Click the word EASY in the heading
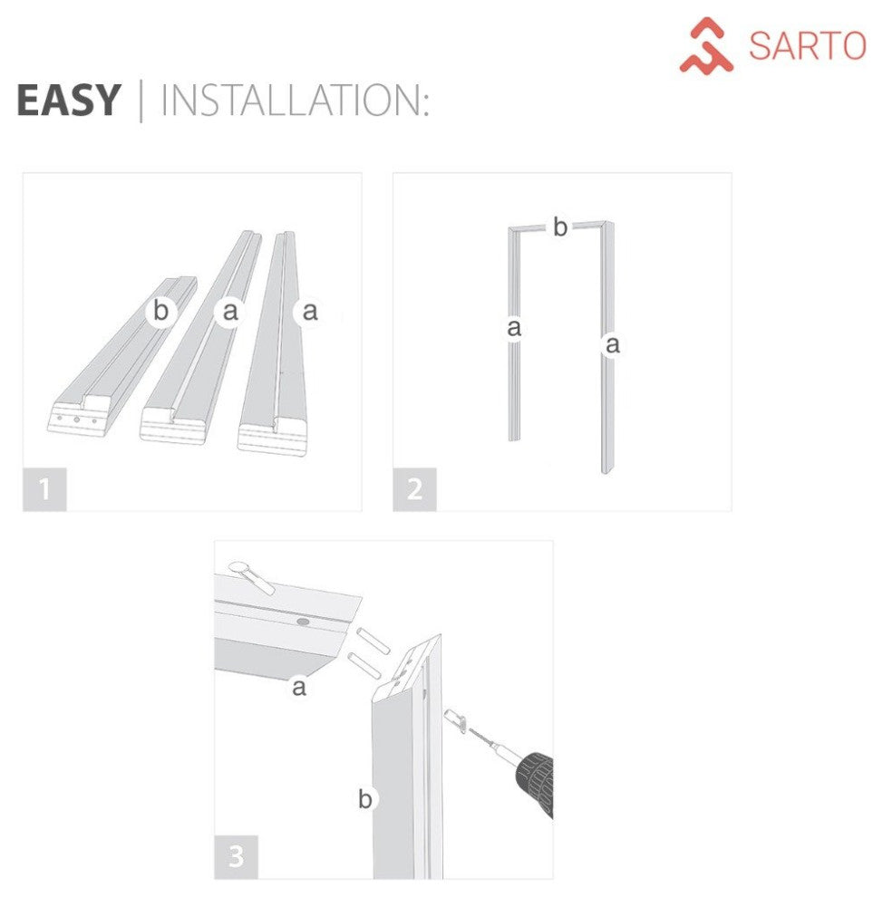click(68, 100)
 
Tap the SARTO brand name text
click(806, 46)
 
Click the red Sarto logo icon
click(706, 45)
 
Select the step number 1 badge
click(44, 490)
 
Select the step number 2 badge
click(414, 490)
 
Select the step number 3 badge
click(236, 857)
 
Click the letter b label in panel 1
click(160, 311)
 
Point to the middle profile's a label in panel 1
click(229, 311)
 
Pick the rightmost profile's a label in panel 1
click(310, 311)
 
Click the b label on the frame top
click(560, 227)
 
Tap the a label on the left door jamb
click(514, 328)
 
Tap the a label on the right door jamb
click(613, 344)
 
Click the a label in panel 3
click(298, 688)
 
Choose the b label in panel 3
click(364, 799)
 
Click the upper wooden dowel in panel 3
click(374, 640)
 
